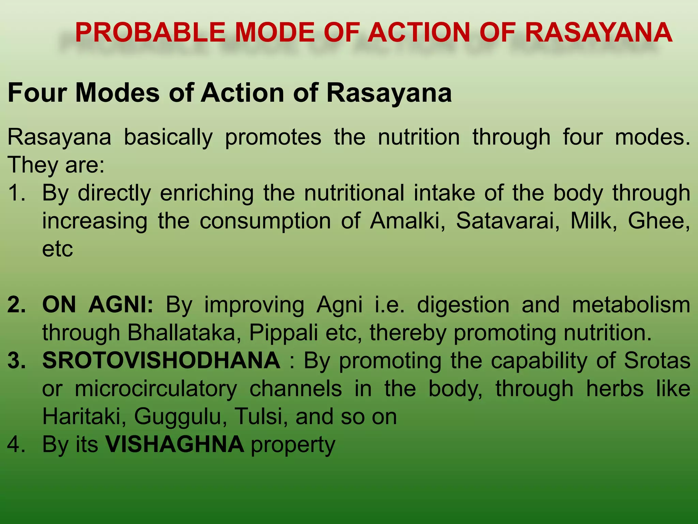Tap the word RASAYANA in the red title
pyautogui.click(x=598, y=32)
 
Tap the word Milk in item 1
pyautogui.click(x=593, y=221)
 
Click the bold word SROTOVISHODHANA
pyautogui.click(x=161, y=360)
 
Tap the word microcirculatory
pyautogui.click(x=156, y=389)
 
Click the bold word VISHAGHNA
pyautogui.click(x=174, y=445)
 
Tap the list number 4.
pyautogui.click(x=16, y=445)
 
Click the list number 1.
pyautogui.click(x=16, y=193)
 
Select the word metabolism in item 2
pyautogui.click(x=631, y=304)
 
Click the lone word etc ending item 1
pyautogui.click(x=57, y=249)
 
